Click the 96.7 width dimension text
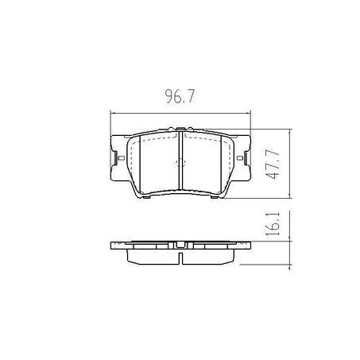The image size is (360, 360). (x=180, y=96)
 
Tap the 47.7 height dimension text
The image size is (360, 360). (x=273, y=165)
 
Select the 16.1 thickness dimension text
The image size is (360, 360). (x=273, y=224)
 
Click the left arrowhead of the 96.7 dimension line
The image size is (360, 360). (x=112, y=114)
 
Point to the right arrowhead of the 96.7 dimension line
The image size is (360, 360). (x=248, y=114)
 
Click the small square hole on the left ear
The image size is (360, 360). (x=122, y=158)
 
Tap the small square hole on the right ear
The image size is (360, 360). (x=239, y=158)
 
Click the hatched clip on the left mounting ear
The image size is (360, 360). (x=115, y=158)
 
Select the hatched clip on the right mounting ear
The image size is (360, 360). (x=246, y=158)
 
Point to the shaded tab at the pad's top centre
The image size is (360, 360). (x=180, y=129)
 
